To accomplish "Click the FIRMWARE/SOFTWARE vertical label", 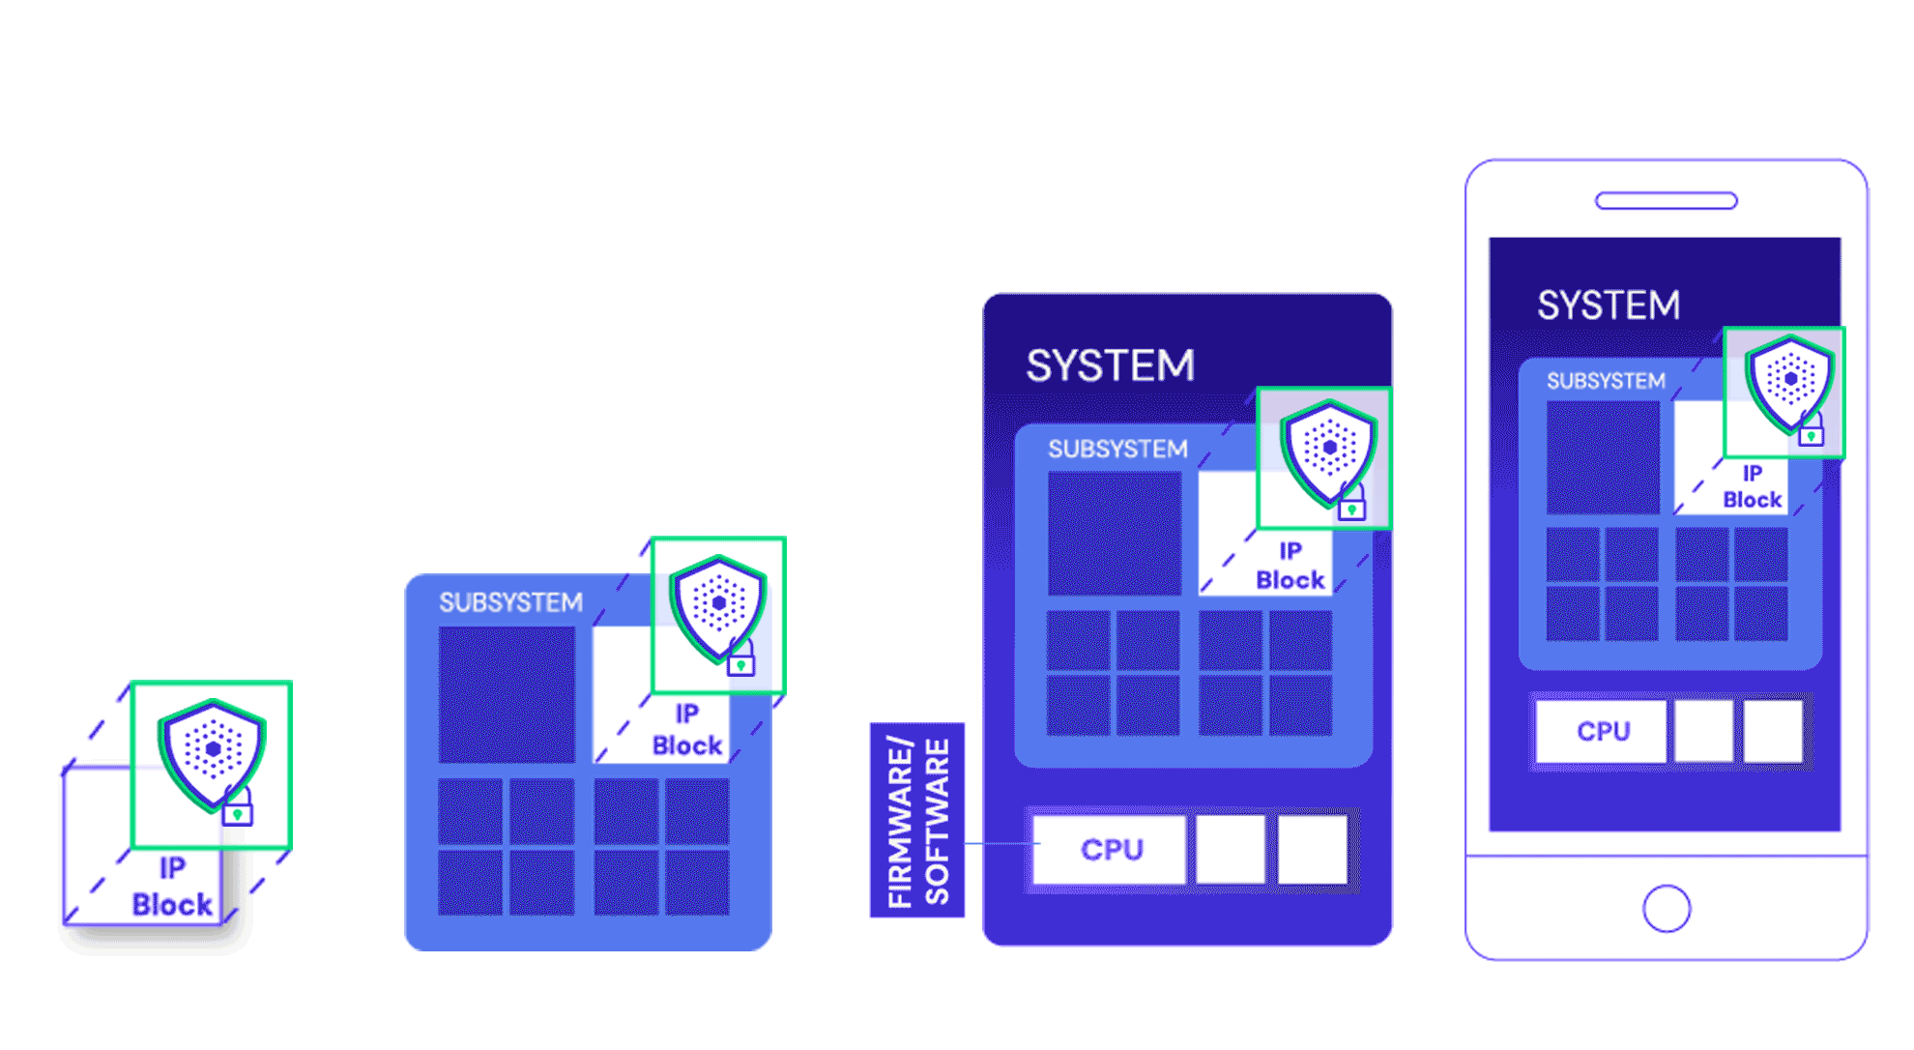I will (916, 820).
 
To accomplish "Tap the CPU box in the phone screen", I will (1602, 731).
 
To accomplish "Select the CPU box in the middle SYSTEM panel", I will (1110, 849).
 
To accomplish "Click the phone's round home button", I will (1666, 908).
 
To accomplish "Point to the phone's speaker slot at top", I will (1666, 201).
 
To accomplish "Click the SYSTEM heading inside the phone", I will (1609, 306).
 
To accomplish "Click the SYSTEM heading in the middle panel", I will (1110, 365).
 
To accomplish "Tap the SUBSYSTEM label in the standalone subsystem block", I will (510, 602).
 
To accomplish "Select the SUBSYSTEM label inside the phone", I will (1606, 381).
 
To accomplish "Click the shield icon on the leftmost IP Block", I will (212, 752).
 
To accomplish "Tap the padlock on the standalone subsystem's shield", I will (740, 659).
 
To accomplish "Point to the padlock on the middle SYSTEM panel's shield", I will (1351, 504).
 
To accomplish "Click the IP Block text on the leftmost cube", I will (171, 887).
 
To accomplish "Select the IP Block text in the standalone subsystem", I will (686, 730).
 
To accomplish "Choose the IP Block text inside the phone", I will (1752, 487).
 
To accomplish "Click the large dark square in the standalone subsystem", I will (507, 694).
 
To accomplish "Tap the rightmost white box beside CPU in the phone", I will (1773, 731).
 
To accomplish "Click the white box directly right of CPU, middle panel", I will (1230, 849).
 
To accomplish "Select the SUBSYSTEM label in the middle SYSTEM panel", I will (1117, 450).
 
